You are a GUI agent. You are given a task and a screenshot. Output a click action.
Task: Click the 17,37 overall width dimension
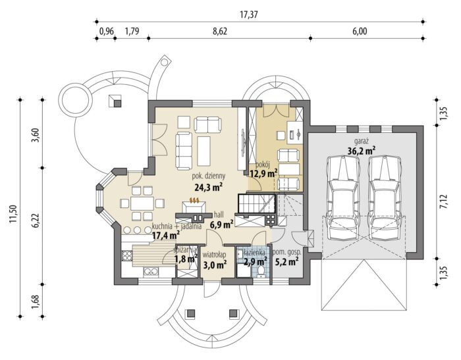249,14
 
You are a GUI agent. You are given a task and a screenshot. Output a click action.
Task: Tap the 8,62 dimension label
219,31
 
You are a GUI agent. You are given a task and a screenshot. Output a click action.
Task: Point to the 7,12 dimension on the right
443,202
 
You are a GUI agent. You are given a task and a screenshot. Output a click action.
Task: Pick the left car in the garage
343,198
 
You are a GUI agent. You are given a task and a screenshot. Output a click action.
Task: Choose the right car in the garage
385,198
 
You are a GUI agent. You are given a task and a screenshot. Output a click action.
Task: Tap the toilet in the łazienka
260,272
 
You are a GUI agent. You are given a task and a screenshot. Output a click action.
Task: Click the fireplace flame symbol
195,201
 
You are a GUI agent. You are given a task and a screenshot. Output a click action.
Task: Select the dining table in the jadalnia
142,203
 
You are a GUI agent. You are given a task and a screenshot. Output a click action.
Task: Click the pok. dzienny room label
209,176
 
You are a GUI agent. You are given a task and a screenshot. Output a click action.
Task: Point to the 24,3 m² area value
208,187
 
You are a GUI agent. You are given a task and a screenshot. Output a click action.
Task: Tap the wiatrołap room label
214,254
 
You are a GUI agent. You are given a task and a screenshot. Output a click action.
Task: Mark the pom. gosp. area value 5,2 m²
286,262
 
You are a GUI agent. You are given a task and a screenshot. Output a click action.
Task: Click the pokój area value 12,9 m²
263,174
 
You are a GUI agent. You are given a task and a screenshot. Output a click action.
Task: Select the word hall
219,215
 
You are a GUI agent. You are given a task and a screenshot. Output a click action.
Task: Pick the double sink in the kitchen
151,271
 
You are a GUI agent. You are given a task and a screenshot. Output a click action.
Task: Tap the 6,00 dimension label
360,31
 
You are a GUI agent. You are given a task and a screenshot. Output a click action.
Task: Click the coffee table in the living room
204,151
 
